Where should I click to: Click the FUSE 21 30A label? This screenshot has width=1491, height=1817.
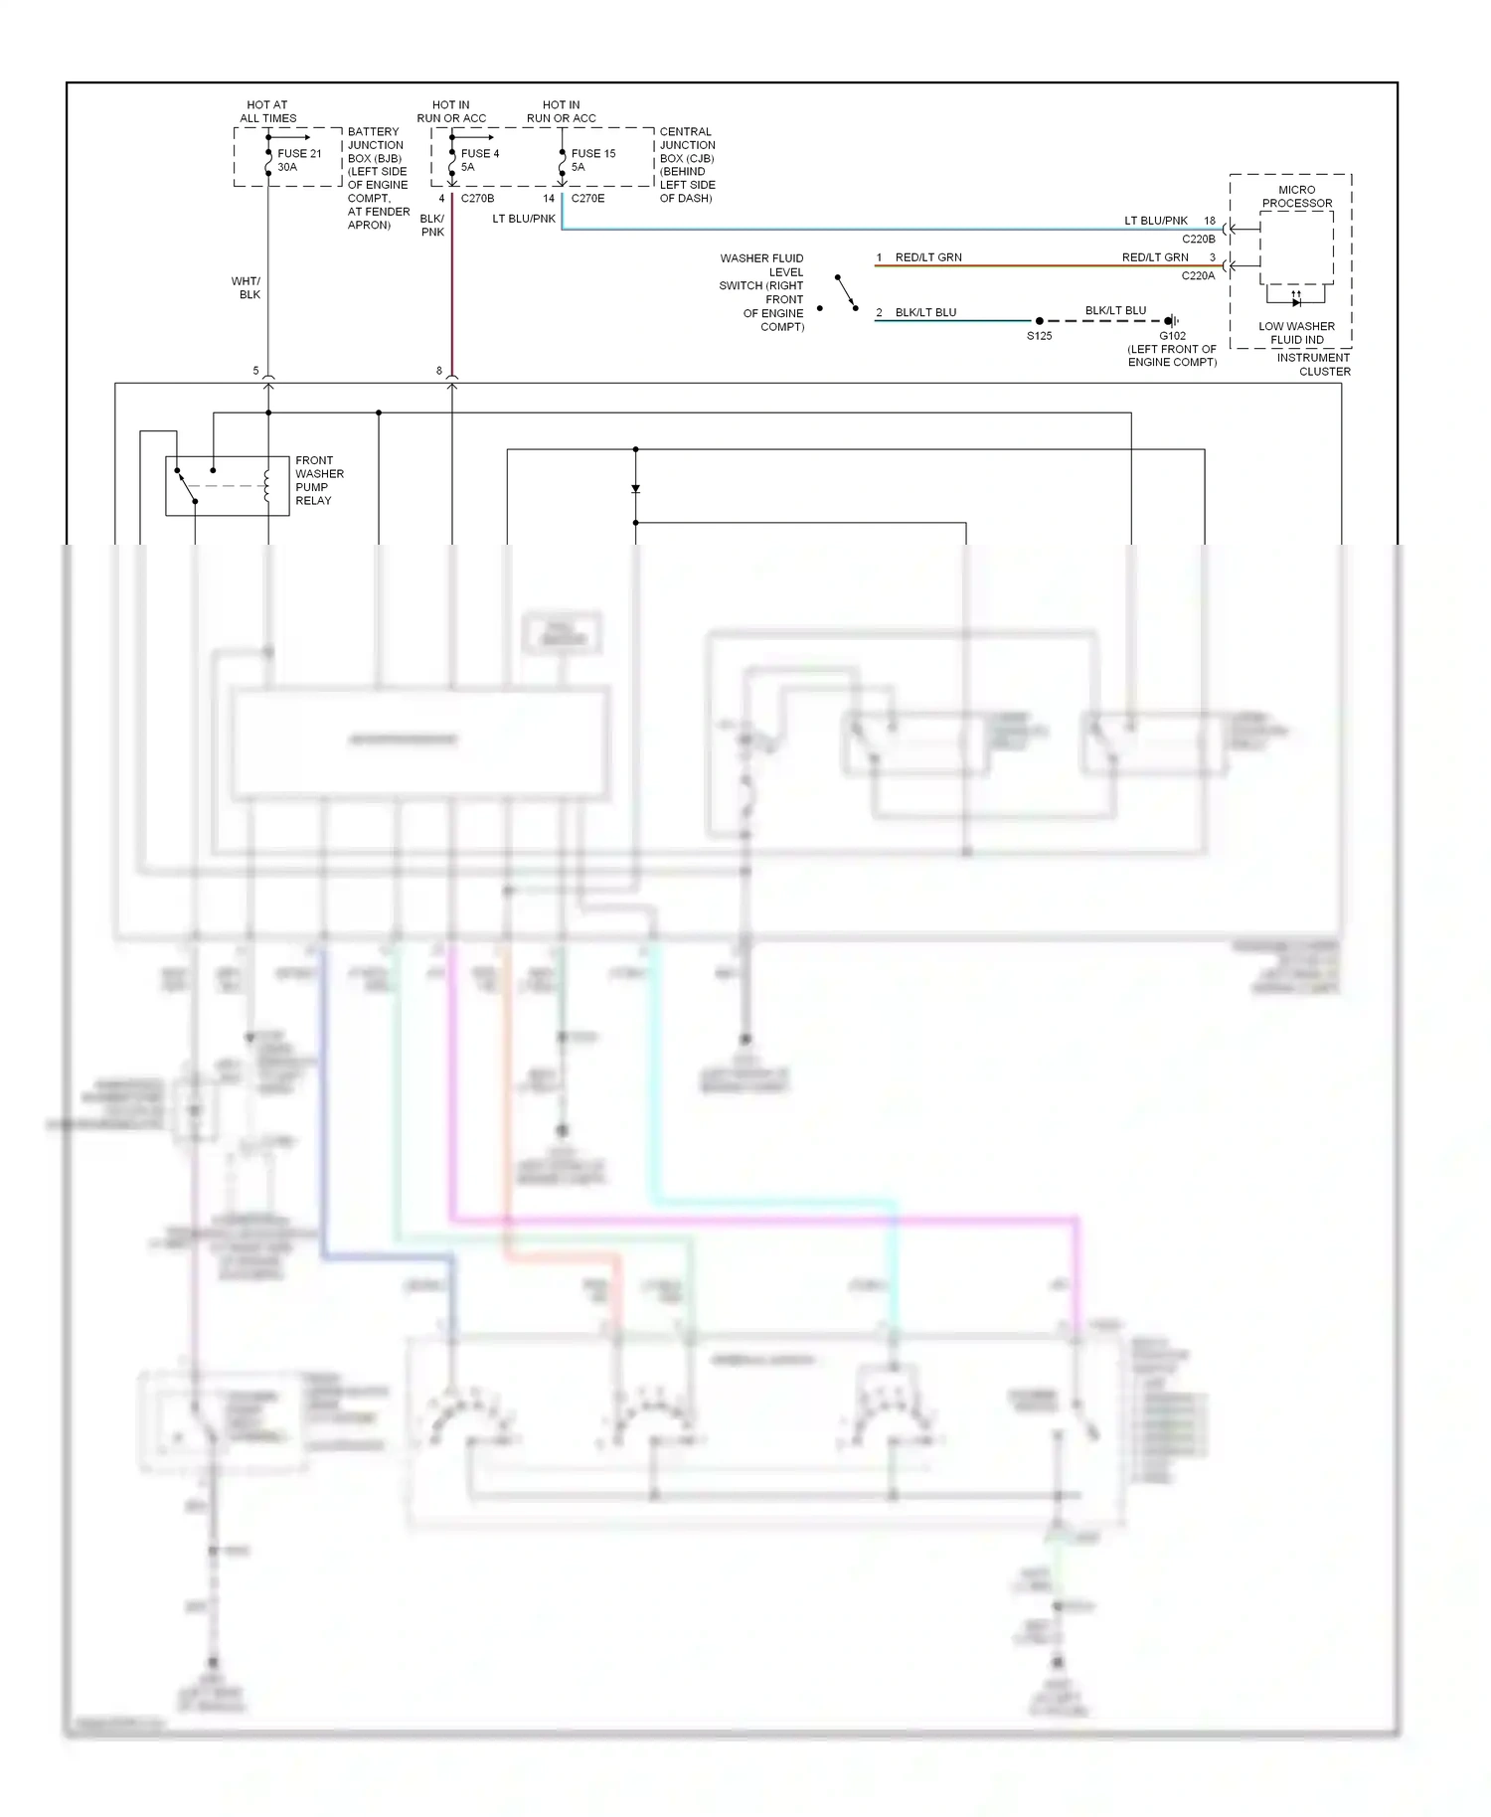coord(298,160)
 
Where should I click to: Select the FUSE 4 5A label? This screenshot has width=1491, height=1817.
coord(479,160)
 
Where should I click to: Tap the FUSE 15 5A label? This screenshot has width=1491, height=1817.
coord(592,160)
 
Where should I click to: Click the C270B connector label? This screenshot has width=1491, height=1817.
coord(477,198)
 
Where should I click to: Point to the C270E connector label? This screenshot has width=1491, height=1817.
coord(587,198)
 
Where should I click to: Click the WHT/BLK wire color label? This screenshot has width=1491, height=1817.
coord(246,287)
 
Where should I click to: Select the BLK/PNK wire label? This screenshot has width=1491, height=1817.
coord(432,225)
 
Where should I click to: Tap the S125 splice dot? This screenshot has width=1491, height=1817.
coord(1039,321)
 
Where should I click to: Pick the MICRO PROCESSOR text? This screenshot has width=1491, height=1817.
coord(1296,196)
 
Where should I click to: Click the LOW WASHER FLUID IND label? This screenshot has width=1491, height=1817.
coord(1296,333)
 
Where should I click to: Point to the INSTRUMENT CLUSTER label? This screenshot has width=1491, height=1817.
coord(1313,364)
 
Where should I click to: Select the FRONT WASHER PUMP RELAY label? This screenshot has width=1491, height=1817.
coord(319,480)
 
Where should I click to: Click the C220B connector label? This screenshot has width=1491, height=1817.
coord(1198,239)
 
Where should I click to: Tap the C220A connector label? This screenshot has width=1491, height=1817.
coord(1198,275)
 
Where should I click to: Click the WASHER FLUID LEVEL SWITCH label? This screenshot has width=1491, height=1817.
coord(762,292)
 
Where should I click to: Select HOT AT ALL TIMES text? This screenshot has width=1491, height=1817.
coord(267,111)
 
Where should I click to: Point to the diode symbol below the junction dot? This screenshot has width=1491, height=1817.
coord(635,489)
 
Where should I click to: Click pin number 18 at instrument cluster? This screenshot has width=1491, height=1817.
coord(1209,221)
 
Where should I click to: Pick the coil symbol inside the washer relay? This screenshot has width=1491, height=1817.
coord(266,486)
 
